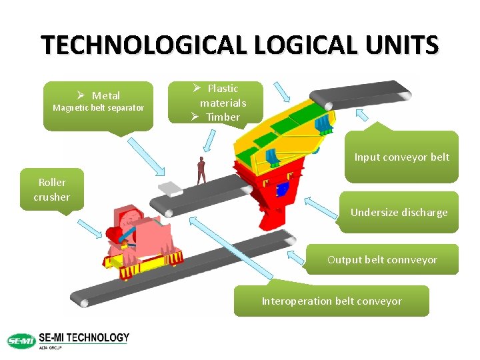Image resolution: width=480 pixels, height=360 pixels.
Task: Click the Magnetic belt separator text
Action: click(98, 108)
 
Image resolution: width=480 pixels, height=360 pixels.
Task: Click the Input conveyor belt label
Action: click(401, 157)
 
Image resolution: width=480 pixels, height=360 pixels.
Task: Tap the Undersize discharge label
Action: click(399, 213)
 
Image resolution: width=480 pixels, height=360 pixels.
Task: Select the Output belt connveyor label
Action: click(382, 259)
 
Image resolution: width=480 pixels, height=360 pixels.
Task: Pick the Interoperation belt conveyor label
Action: click(331, 301)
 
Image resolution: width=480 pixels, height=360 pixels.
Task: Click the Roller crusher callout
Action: click(52, 189)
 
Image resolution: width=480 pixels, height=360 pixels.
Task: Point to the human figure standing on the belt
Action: click(201, 171)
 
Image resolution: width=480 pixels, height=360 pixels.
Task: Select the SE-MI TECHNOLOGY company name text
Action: click(84, 338)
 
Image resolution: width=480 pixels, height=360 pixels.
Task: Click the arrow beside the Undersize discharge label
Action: click(323, 207)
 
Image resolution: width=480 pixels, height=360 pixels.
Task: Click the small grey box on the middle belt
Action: click(170, 189)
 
